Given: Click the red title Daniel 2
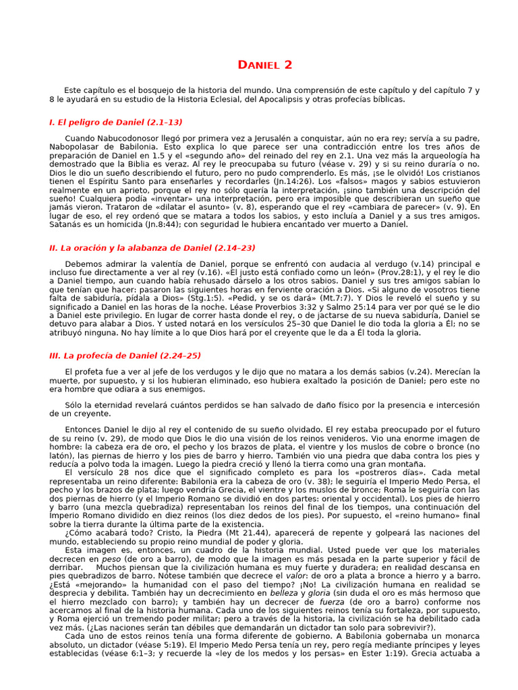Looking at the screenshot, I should tap(265, 65).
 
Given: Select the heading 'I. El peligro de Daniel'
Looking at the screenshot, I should tap(115, 122).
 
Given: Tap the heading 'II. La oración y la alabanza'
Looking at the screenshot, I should tap(152, 248).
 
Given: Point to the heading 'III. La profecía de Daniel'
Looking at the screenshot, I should tap(125, 355).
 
